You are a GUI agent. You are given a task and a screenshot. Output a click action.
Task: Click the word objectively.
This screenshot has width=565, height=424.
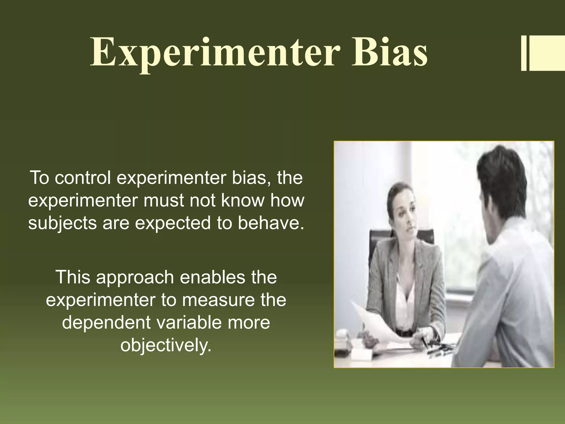[x=166, y=345]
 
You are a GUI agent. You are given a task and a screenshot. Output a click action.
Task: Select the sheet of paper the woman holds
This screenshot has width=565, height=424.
[x=378, y=323]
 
